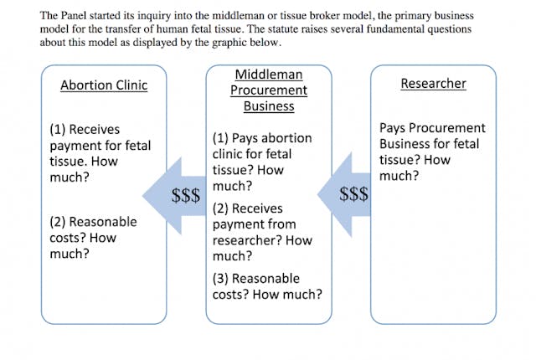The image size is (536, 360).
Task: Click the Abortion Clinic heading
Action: (x=104, y=85)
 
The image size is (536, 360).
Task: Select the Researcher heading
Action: (x=433, y=84)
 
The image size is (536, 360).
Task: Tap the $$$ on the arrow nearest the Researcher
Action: (x=353, y=195)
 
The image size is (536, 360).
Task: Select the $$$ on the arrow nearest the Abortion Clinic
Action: (x=186, y=196)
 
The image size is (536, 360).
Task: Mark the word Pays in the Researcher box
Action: (x=394, y=128)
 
